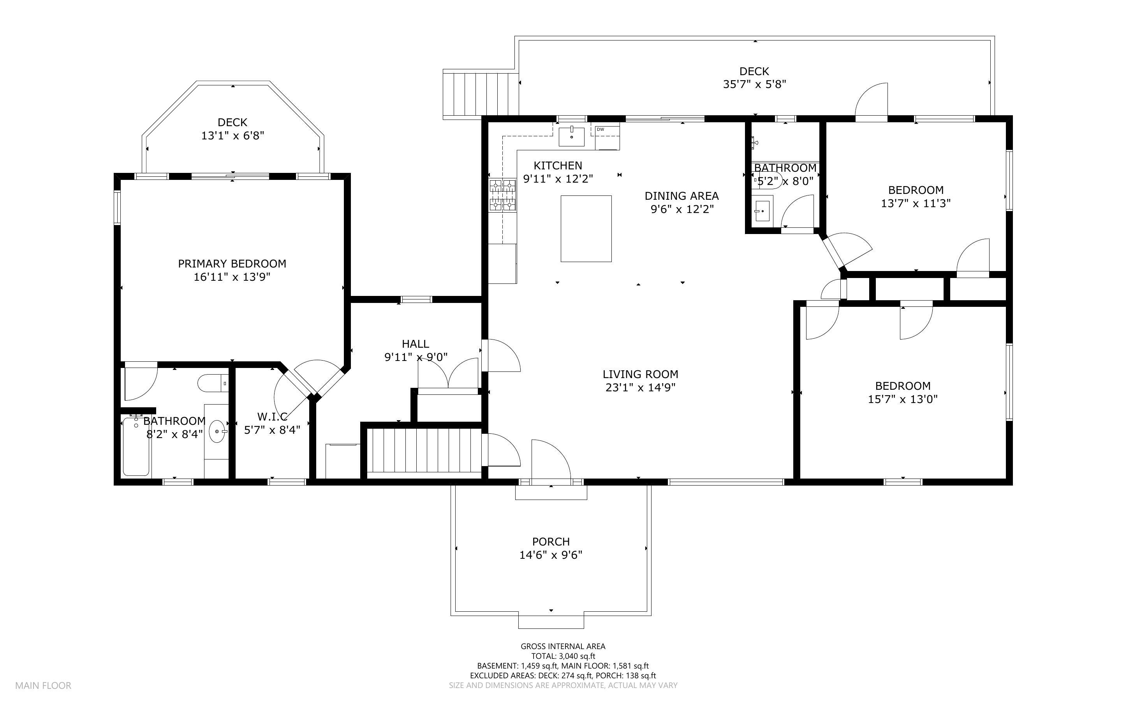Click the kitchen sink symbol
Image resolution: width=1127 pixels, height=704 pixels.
(x=571, y=136)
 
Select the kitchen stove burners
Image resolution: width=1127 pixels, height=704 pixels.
(x=503, y=195)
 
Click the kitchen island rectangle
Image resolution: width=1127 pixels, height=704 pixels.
(x=586, y=229)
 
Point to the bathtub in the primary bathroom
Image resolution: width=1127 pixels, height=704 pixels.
(x=136, y=447)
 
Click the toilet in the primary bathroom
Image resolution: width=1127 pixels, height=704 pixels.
(x=212, y=384)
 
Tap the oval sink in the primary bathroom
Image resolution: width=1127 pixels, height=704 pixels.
(x=217, y=431)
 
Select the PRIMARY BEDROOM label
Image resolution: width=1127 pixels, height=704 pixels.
(x=232, y=264)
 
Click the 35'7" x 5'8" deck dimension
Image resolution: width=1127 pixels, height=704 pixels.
(x=754, y=84)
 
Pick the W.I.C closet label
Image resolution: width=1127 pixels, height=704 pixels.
(x=272, y=416)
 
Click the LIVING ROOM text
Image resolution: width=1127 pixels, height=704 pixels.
(x=640, y=374)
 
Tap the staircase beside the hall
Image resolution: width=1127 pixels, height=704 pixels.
(x=424, y=451)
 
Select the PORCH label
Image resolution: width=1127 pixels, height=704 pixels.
(x=551, y=542)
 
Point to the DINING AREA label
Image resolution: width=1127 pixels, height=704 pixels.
(x=681, y=195)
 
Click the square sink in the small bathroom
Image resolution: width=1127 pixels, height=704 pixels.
(x=762, y=211)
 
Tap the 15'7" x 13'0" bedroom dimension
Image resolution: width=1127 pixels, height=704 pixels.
(x=903, y=399)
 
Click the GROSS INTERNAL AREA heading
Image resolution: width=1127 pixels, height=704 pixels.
(x=563, y=646)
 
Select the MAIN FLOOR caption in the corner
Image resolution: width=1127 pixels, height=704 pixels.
(x=43, y=685)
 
